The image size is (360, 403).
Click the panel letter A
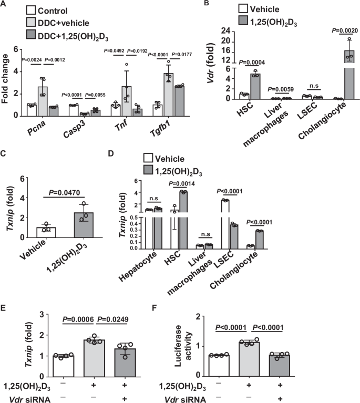pyautogui.click(x=4, y=4)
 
